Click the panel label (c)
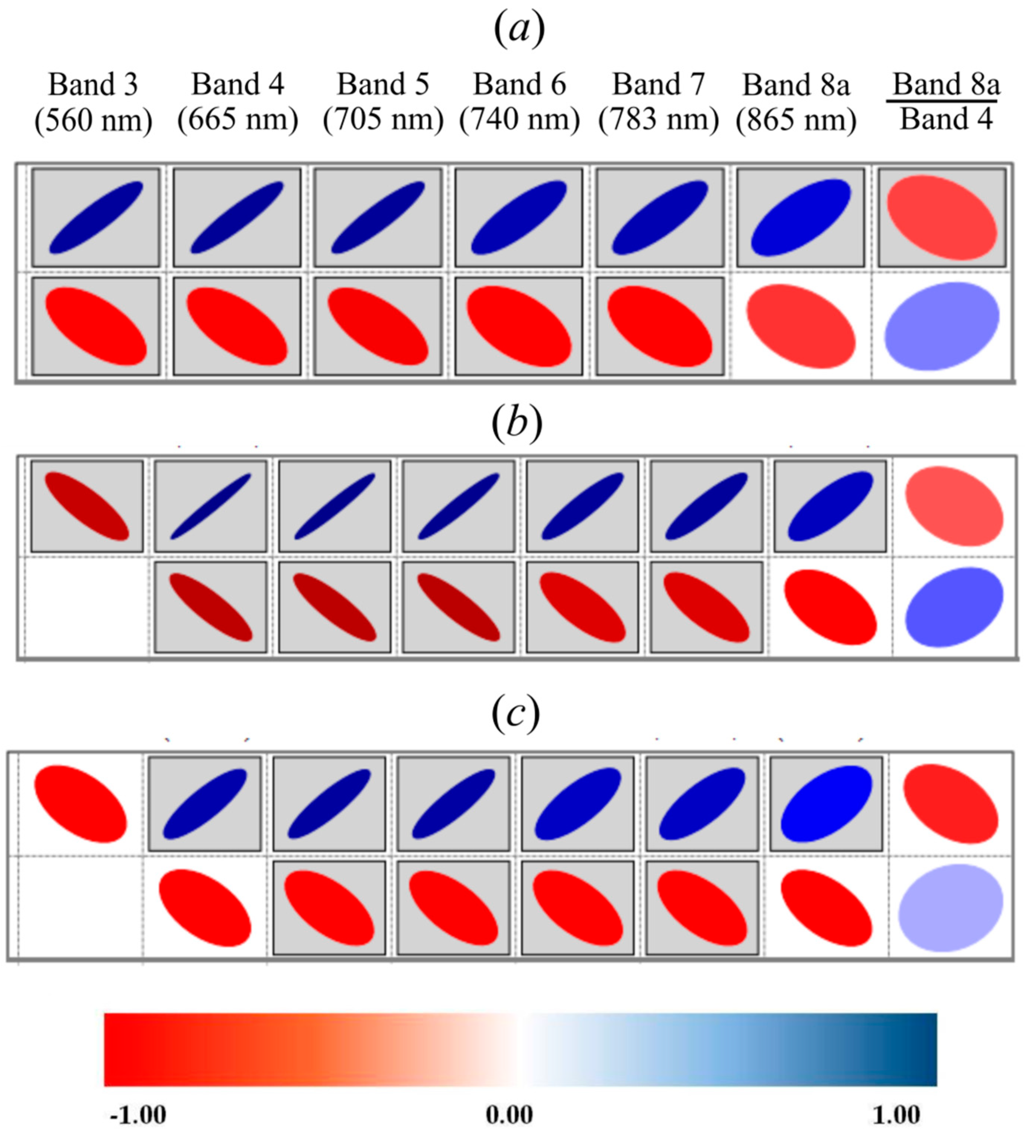click(515, 714)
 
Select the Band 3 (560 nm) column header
click(93, 102)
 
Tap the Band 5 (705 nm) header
click(383, 102)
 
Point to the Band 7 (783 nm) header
click(658, 102)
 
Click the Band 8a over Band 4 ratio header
click(946, 102)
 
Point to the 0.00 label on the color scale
click(509, 1114)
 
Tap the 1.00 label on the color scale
click(896, 1114)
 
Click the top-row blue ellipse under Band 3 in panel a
click(96, 218)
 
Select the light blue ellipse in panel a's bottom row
click(942, 326)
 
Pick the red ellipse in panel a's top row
click(942, 218)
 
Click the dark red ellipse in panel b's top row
click(87, 506)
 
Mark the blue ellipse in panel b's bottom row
click(954, 607)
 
